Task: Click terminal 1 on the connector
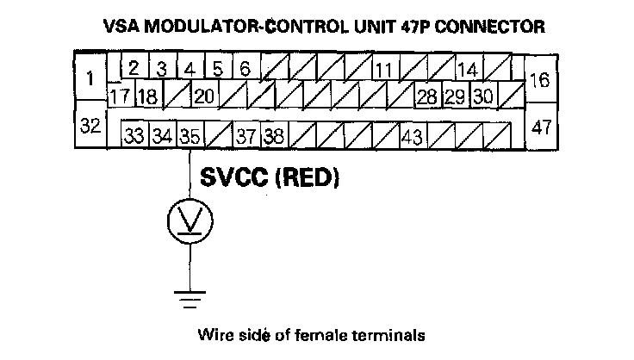click(90, 79)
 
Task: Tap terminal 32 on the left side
click(90, 126)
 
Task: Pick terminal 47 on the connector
click(541, 127)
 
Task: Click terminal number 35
click(191, 135)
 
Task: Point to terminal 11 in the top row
click(384, 69)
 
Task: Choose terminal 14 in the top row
click(468, 69)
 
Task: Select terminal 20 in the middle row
click(204, 96)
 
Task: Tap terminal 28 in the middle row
click(426, 96)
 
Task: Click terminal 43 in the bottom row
click(413, 135)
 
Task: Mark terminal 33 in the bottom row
click(134, 135)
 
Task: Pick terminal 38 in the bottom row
click(275, 135)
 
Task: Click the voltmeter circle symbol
click(190, 221)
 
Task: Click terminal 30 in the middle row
click(483, 96)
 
